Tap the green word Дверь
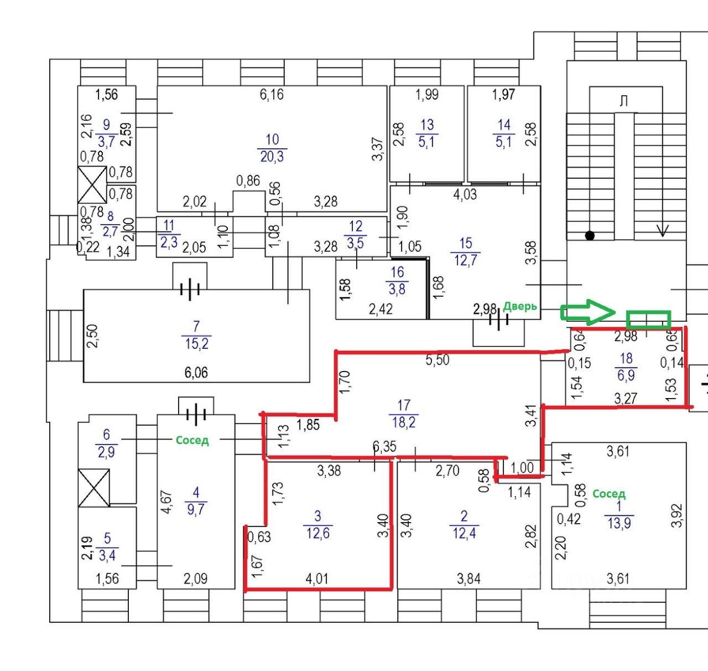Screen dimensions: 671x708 [x=520, y=306]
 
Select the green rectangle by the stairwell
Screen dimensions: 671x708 [x=648, y=319]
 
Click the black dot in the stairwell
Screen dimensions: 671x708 [x=590, y=236]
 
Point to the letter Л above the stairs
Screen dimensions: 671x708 [x=623, y=101]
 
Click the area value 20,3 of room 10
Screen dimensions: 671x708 [x=272, y=157]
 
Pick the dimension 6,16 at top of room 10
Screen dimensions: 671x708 [x=272, y=95]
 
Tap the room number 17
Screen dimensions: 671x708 [x=404, y=405]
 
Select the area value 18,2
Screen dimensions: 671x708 [x=404, y=422]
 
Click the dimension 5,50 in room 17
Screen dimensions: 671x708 [x=437, y=360]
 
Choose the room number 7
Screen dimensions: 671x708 [x=196, y=327]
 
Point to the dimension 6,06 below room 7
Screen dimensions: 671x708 [x=196, y=373]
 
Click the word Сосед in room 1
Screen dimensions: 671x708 [x=608, y=493]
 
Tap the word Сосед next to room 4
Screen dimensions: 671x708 [x=192, y=440]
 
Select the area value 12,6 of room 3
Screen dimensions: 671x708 [x=318, y=533]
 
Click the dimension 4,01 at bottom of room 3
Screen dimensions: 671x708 [x=317, y=579]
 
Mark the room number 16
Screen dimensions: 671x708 [x=397, y=272]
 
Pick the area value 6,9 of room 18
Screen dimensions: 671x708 [x=626, y=375]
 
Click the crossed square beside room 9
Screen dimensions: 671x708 [x=92, y=185]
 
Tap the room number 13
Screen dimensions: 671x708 [x=427, y=125]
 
